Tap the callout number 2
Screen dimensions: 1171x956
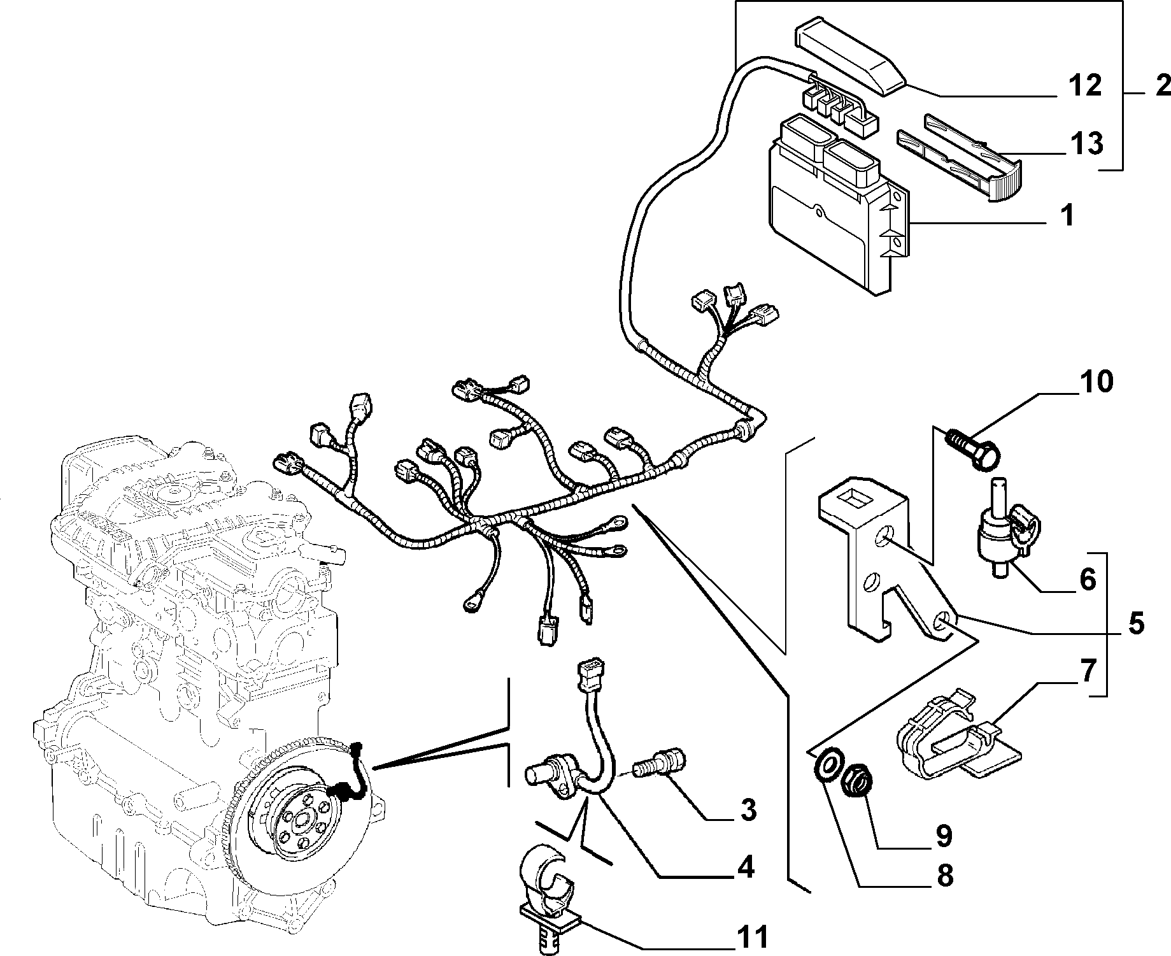tap(1155, 86)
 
